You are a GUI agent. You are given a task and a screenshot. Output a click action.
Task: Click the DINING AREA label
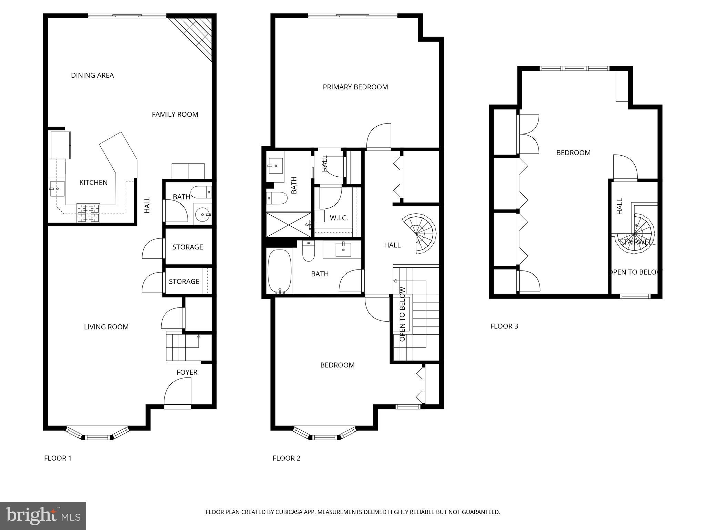click(x=92, y=75)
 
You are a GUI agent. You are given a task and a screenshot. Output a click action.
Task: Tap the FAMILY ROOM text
click(x=175, y=114)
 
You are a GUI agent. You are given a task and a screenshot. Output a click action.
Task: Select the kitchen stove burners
click(x=88, y=213)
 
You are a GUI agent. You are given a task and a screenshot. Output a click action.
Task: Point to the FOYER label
click(x=187, y=372)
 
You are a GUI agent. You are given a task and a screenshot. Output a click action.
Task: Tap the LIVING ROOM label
click(x=106, y=327)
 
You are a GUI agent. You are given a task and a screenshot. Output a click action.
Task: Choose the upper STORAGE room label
click(x=188, y=247)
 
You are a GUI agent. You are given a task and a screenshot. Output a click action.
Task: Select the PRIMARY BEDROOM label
click(x=355, y=87)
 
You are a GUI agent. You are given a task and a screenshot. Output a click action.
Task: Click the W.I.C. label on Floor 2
click(x=339, y=218)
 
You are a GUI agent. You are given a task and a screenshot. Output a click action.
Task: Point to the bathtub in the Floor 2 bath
click(x=280, y=271)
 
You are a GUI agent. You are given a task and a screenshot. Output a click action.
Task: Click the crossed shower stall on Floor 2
click(x=288, y=225)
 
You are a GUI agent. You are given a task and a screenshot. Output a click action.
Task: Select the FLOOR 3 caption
click(x=504, y=326)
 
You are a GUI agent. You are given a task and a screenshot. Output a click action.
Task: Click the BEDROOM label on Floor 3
click(x=573, y=153)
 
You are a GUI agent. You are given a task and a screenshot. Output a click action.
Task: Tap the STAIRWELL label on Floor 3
click(x=637, y=242)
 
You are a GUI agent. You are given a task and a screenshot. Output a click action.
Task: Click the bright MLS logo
click(x=43, y=516)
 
